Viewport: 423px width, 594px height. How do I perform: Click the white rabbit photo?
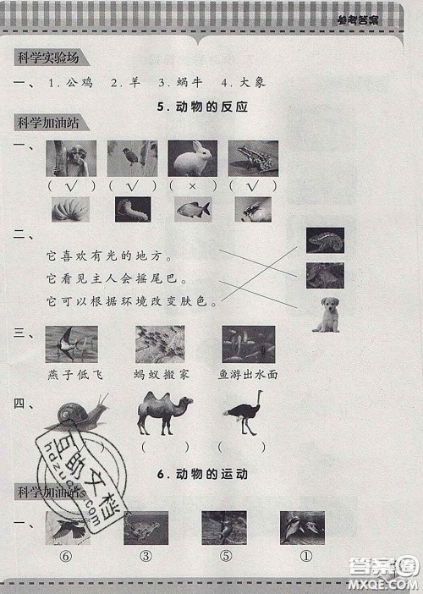(x=192, y=158)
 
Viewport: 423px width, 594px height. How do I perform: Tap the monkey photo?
(x=71, y=158)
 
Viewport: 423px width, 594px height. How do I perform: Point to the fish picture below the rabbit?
(x=193, y=209)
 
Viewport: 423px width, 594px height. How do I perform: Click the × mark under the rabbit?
(x=193, y=185)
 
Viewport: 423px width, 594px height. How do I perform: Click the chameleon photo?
(x=325, y=241)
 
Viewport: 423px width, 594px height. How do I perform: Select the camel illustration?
(x=164, y=413)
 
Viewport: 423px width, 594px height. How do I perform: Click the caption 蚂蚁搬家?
(x=159, y=373)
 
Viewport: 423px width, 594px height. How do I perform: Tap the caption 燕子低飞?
(x=71, y=373)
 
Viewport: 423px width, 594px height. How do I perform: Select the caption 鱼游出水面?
(x=249, y=373)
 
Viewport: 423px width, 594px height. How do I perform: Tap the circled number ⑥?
(x=63, y=556)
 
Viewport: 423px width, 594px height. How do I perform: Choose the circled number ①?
(x=303, y=556)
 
